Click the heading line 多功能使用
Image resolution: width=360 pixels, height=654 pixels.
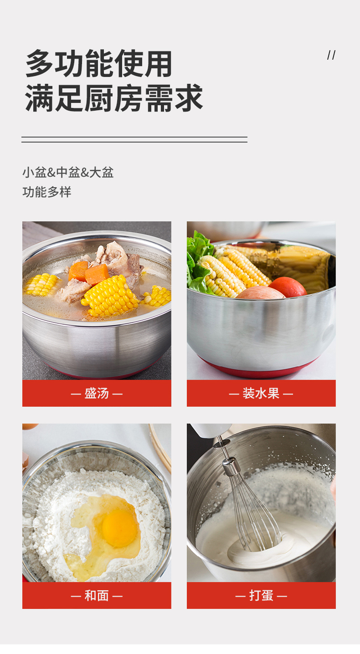click(99, 63)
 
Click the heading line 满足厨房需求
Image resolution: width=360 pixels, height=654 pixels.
click(113, 98)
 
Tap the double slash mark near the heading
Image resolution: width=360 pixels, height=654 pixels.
click(331, 55)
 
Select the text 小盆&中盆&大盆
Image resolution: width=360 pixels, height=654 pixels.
click(68, 172)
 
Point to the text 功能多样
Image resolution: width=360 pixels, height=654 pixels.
click(47, 192)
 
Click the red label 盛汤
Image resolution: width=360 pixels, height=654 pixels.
click(97, 393)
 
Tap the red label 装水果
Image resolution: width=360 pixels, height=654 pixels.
click(261, 393)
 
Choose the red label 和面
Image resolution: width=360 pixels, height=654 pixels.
click(97, 596)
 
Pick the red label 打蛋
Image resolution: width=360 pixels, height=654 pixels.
click(261, 596)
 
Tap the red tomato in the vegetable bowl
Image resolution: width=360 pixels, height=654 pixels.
click(288, 287)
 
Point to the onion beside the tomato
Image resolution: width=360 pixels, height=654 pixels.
click(260, 292)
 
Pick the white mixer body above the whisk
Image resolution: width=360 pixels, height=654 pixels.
click(211, 430)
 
